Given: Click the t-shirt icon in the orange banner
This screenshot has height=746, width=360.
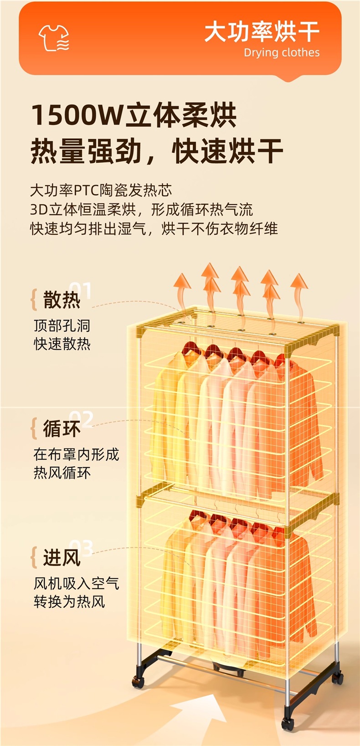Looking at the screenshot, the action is coord(54,38).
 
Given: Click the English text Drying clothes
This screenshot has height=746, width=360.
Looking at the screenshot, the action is coord(282,53).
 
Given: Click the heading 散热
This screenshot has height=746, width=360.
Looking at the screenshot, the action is coord(62,300).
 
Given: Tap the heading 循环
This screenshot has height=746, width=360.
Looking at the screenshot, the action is coord(62,429).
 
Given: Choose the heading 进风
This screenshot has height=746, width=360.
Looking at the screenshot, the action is coord(62,557).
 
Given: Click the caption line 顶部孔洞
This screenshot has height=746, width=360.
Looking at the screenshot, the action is coord(62,326).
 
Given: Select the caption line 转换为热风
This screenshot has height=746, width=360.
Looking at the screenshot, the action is coord(69,602).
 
